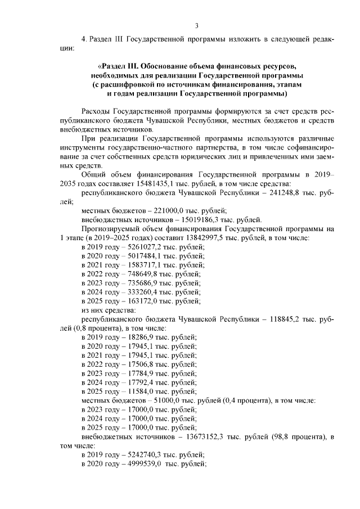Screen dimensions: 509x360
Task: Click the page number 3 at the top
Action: click(196, 25)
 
